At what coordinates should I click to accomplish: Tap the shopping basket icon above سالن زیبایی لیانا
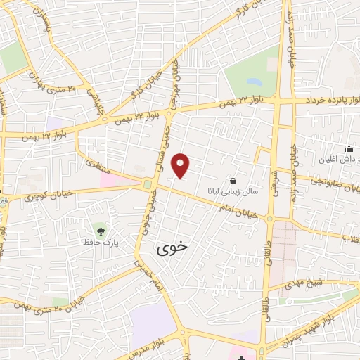233,180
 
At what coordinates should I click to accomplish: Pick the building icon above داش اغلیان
349,148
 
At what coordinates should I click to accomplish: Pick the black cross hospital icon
242,358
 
